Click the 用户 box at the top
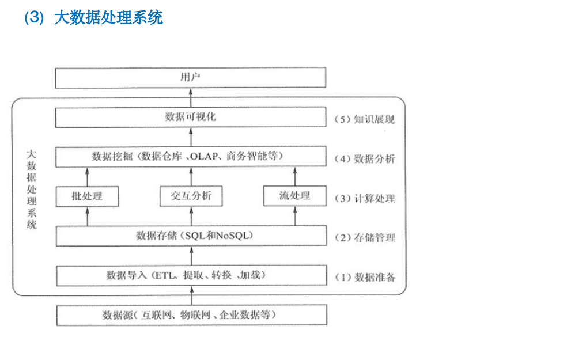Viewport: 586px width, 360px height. tap(190, 78)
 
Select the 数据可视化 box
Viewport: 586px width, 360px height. tap(190, 117)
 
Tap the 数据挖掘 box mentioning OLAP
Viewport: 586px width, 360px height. tap(190, 157)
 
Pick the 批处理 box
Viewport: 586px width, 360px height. tap(88, 196)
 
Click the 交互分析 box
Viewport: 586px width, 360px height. tap(191, 196)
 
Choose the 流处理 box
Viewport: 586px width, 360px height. tap(294, 196)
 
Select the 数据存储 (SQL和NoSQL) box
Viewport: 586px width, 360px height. tap(190, 236)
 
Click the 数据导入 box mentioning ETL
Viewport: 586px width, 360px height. tap(190, 275)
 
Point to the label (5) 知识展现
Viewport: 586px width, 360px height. tap(365, 120)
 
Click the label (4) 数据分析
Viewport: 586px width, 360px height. tap(365, 159)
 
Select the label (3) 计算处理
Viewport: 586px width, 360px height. tap(365, 199)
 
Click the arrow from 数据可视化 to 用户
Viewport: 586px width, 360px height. tap(191, 98)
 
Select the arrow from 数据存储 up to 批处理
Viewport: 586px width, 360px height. tap(88, 217)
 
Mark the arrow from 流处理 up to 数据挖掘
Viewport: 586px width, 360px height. tap(294, 177)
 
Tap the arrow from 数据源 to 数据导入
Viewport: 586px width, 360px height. tap(191, 295)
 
